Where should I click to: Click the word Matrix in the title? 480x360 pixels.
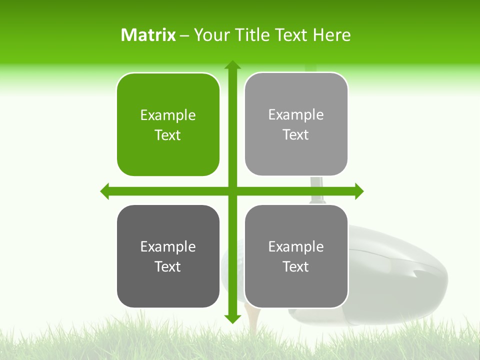(x=148, y=35)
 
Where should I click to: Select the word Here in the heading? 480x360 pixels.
(x=331, y=35)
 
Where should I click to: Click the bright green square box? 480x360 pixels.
(x=168, y=124)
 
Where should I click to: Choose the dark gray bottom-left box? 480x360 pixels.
(x=168, y=256)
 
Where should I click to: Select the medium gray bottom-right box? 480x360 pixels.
(x=296, y=256)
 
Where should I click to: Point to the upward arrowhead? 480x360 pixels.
(x=232, y=64)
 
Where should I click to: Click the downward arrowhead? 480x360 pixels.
(x=232, y=318)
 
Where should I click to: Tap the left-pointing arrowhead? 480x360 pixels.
(x=105, y=191)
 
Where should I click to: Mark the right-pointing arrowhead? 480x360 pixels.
(x=359, y=191)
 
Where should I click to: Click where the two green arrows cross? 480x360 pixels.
(x=232, y=191)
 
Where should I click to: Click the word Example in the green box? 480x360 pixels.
(x=168, y=115)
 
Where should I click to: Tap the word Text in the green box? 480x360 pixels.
(x=168, y=135)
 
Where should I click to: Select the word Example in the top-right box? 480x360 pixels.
(x=296, y=115)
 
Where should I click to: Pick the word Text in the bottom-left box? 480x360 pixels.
(x=168, y=267)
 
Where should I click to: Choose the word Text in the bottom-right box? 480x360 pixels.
(x=296, y=267)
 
